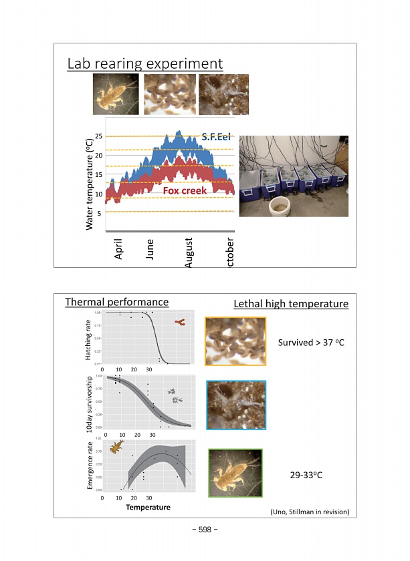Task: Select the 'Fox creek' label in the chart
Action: coord(185,190)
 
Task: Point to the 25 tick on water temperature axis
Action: coord(98,137)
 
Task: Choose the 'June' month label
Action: coord(150,249)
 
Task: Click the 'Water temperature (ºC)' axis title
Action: coord(90,180)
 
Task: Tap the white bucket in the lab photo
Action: coord(276,208)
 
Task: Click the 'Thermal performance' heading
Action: coord(116,302)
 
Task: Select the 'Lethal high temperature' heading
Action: coord(291,304)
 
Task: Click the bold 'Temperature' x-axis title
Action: coord(148,507)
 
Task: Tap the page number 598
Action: coord(205,530)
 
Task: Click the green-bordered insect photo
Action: coord(235,472)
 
